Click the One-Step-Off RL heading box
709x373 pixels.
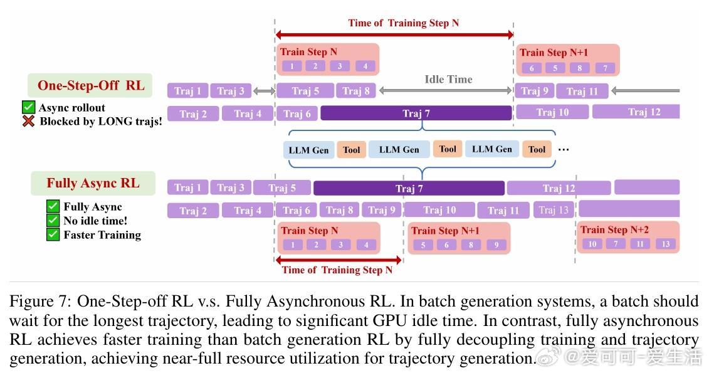tap(90, 85)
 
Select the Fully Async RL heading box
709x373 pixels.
tap(93, 183)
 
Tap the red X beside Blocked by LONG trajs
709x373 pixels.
tap(28, 121)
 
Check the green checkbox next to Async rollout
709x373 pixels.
tap(28, 107)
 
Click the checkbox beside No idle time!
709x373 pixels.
tap(53, 221)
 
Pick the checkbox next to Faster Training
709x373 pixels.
tap(53, 234)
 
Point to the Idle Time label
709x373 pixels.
tap(448, 80)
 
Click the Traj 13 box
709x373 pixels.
tap(554, 210)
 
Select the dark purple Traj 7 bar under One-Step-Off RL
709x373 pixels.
tap(416, 113)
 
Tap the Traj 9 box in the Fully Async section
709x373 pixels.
tap(382, 210)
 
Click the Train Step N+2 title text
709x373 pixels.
tap(614, 229)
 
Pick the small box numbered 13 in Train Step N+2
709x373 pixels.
tap(666, 244)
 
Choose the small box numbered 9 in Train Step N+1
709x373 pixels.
tap(496, 245)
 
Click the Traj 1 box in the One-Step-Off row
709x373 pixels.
tap(187, 91)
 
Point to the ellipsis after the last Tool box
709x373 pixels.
tap(564, 150)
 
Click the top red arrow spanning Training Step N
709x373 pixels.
tap(394, 35)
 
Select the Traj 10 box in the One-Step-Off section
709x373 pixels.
tap(552, 112)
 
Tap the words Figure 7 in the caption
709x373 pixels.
tap(39, 302)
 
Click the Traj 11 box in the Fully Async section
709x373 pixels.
tap(503, 210)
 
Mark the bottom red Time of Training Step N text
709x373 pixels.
tap(337, 270)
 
